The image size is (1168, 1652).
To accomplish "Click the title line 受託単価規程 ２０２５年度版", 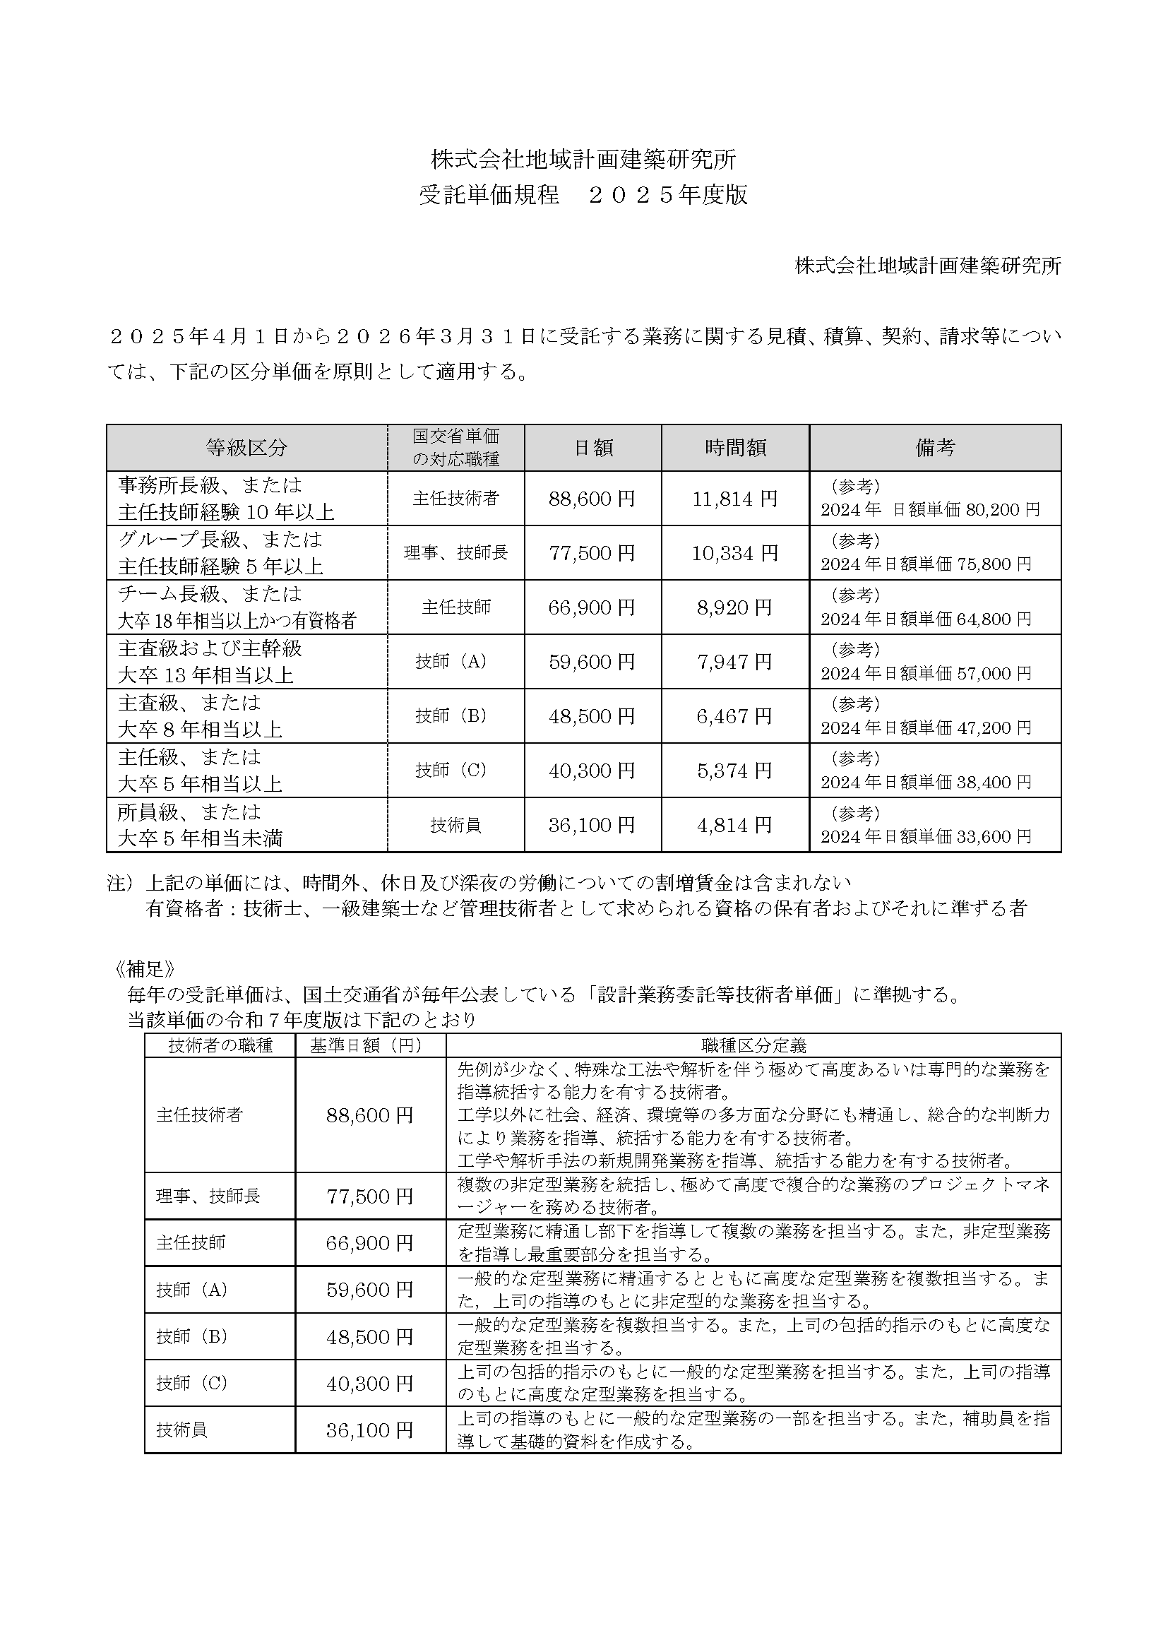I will point(583,195).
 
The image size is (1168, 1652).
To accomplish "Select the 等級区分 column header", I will point(246,448).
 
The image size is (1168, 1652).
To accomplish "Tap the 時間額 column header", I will point(735,448).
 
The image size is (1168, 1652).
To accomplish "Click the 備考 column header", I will point(935,448).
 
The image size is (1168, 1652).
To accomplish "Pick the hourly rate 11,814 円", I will point(735,499).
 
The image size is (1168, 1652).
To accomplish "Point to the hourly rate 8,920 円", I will point(735,607).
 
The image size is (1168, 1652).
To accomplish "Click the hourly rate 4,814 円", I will point(735,824).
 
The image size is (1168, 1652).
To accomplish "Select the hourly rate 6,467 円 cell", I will point(735,716).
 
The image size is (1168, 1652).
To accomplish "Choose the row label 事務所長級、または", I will point(210,485).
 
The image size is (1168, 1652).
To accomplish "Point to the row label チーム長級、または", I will point(210,593).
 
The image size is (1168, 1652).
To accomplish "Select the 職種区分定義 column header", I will point(753,1045).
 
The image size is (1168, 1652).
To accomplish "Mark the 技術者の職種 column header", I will point(220,1045).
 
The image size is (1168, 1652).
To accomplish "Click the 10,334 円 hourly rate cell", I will point(735,553).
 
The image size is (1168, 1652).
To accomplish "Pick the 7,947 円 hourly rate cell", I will point(735,662).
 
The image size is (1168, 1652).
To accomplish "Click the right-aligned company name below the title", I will point(928,266).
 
